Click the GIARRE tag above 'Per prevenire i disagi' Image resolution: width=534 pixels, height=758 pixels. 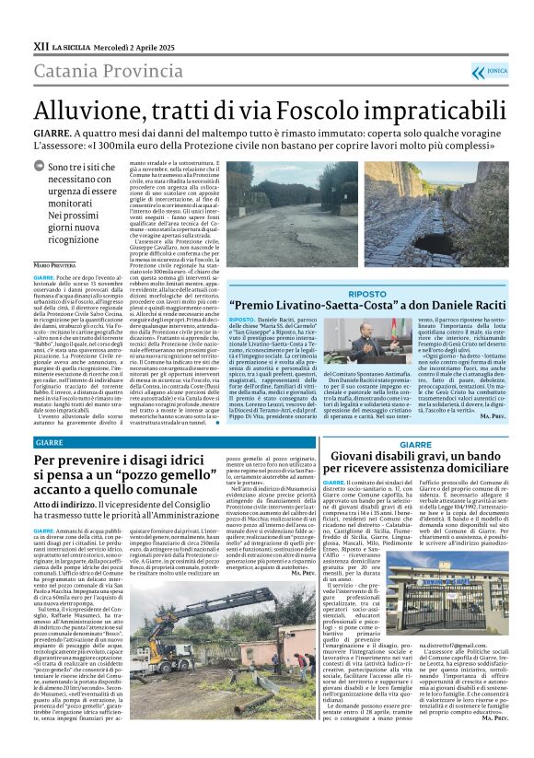coord(52,442)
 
